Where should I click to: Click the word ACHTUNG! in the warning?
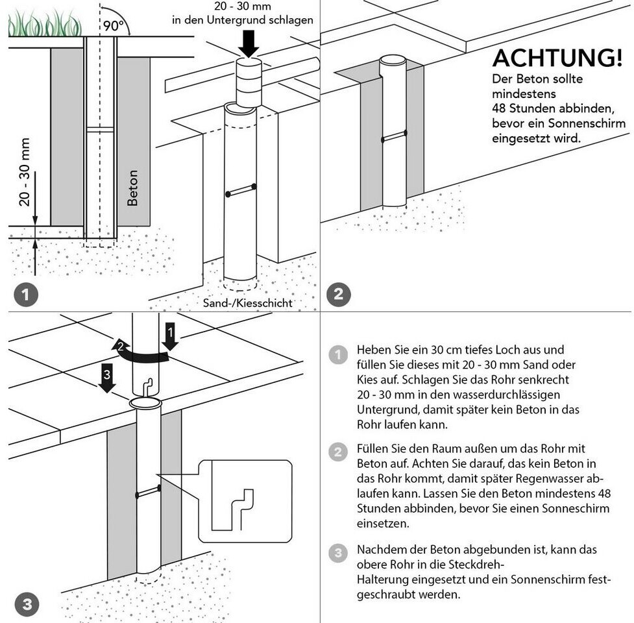pyautogui.click(x=557, y=58)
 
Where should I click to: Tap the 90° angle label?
pyautogui.click(x=114, y=25)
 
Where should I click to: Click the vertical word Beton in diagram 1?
pyautogui.click(x=132, y=188)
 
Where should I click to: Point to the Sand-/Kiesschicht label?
pyautogui.click(x=247, y=303)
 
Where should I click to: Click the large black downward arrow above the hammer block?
pyautogui.click(x=249, y=43)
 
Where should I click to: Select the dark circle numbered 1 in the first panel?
pyautogui.click(x=26, y=295)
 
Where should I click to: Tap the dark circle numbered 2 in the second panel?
pyautogui.click(x=339, y=294)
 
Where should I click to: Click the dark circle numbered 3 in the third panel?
pyautogui.click(x=27, y=604)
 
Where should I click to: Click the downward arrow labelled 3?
pyautogui.click(x=107, y=378)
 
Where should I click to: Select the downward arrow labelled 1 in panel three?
pyautogui.click(x=170, y=336)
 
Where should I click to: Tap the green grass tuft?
pyautogui.click(x=45, y=24)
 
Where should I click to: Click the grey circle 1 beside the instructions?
pyautogui.click(x=338, y=354)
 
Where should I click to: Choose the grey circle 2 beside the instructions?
pyautogui.click(x=338, y=452)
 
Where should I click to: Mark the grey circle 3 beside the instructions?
pyautogui.click(x=338, y=553)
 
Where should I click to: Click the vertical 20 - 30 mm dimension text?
pyautogui.click(x=25, y=172)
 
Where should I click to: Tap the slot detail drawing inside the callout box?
pyautogui.click(x=233, y=509)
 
